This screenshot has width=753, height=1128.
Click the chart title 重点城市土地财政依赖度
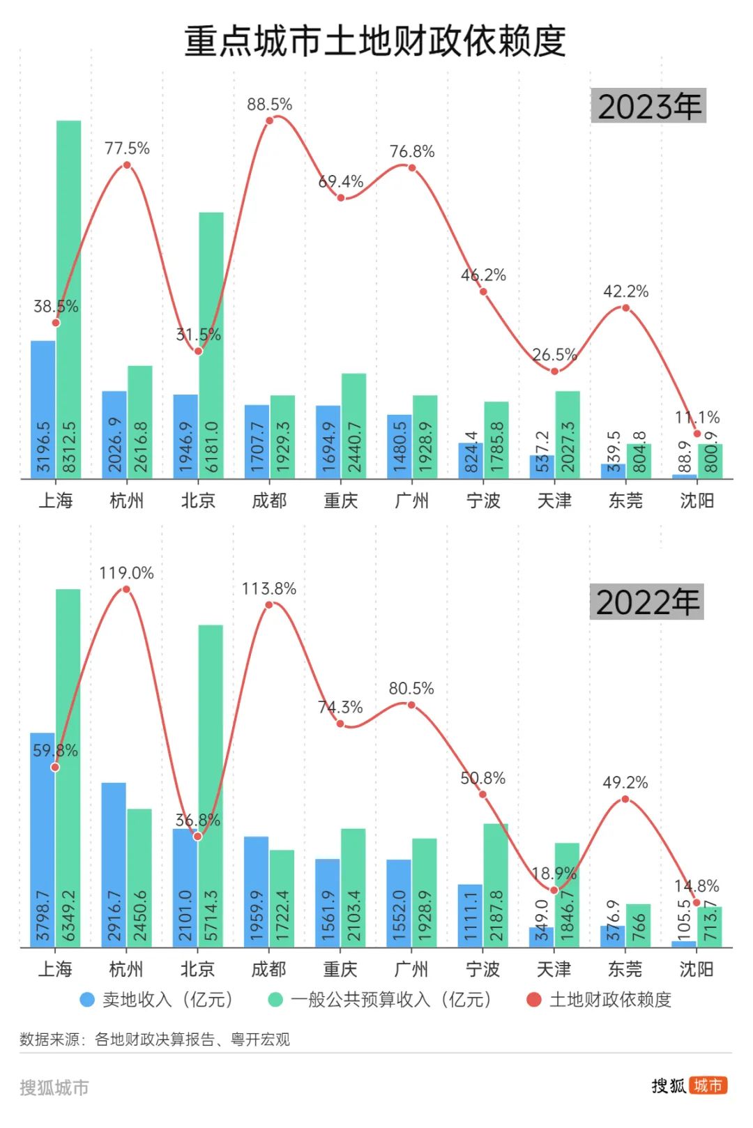[x=375, y=41]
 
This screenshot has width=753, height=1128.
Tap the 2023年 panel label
[x=648, y=106]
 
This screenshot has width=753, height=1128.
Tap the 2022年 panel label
[x=647, y=602]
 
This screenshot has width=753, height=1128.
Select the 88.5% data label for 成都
[x=269, y=105]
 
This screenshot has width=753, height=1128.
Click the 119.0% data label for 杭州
[x=126, y=573]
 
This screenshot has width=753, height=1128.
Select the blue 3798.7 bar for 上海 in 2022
[x=43, y=837]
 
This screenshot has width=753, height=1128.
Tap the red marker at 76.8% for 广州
[x=412, y=168]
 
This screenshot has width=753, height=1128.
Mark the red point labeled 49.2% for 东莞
[x=625, y=799]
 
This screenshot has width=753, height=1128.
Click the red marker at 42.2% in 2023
[x=625, y=307]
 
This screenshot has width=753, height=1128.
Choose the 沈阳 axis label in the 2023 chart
[x=697, y=501]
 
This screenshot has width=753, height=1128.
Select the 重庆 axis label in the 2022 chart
[x=340, y=969]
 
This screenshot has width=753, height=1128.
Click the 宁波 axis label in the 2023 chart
[x=483, y=501]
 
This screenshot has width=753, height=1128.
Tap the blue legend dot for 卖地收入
[x=87, y=1000]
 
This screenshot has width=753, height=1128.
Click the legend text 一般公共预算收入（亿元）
[x=390, y=1000]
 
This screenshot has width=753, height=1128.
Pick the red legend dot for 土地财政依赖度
[x=534, y=1000]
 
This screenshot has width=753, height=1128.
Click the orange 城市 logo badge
[x=708, y=1085]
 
